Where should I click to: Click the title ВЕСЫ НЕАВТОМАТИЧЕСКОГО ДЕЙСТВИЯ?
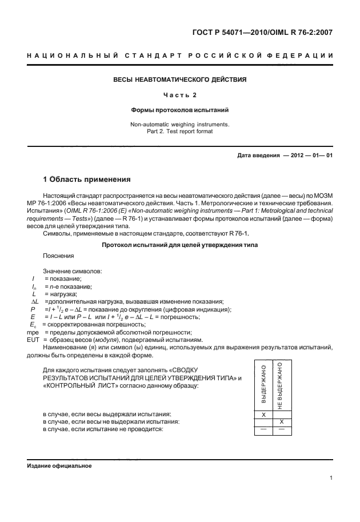[x=179, y=79]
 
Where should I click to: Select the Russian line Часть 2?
[x=179, y=95]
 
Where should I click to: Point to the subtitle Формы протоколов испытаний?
[x=179, y=109]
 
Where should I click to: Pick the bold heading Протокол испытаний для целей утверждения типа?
[x=179, y=245]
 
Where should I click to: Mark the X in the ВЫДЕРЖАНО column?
[x=263, y=413]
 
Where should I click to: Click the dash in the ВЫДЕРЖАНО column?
[x=263, y=429]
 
